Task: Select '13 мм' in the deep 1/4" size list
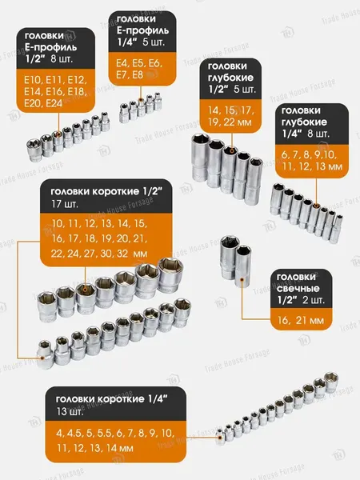(x=323, y=169)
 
